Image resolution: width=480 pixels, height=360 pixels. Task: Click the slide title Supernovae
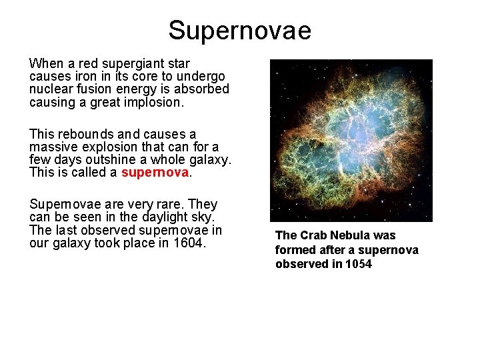click(x=239, y=31)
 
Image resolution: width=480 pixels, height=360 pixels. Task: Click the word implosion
click(x=151, y=102)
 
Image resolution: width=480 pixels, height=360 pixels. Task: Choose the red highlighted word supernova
click(x=155, y=173)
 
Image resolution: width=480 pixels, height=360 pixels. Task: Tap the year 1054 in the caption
click(x=359, y=264)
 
